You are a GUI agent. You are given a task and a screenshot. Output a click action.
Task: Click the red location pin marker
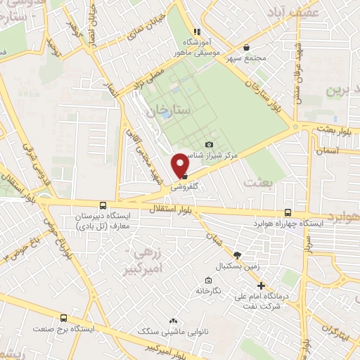[x=181, y=165]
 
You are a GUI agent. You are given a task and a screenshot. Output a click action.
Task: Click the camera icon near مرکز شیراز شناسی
[x=208, y=144]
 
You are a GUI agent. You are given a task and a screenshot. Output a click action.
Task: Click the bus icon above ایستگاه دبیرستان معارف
[x=103, y=205]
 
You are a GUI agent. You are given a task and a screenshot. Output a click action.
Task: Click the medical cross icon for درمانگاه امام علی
[x=261, y=286]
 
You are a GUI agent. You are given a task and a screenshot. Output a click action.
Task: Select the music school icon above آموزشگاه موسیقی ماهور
[x=198, y=32]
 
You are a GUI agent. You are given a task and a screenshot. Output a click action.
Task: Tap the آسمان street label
[x=329, y=150]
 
